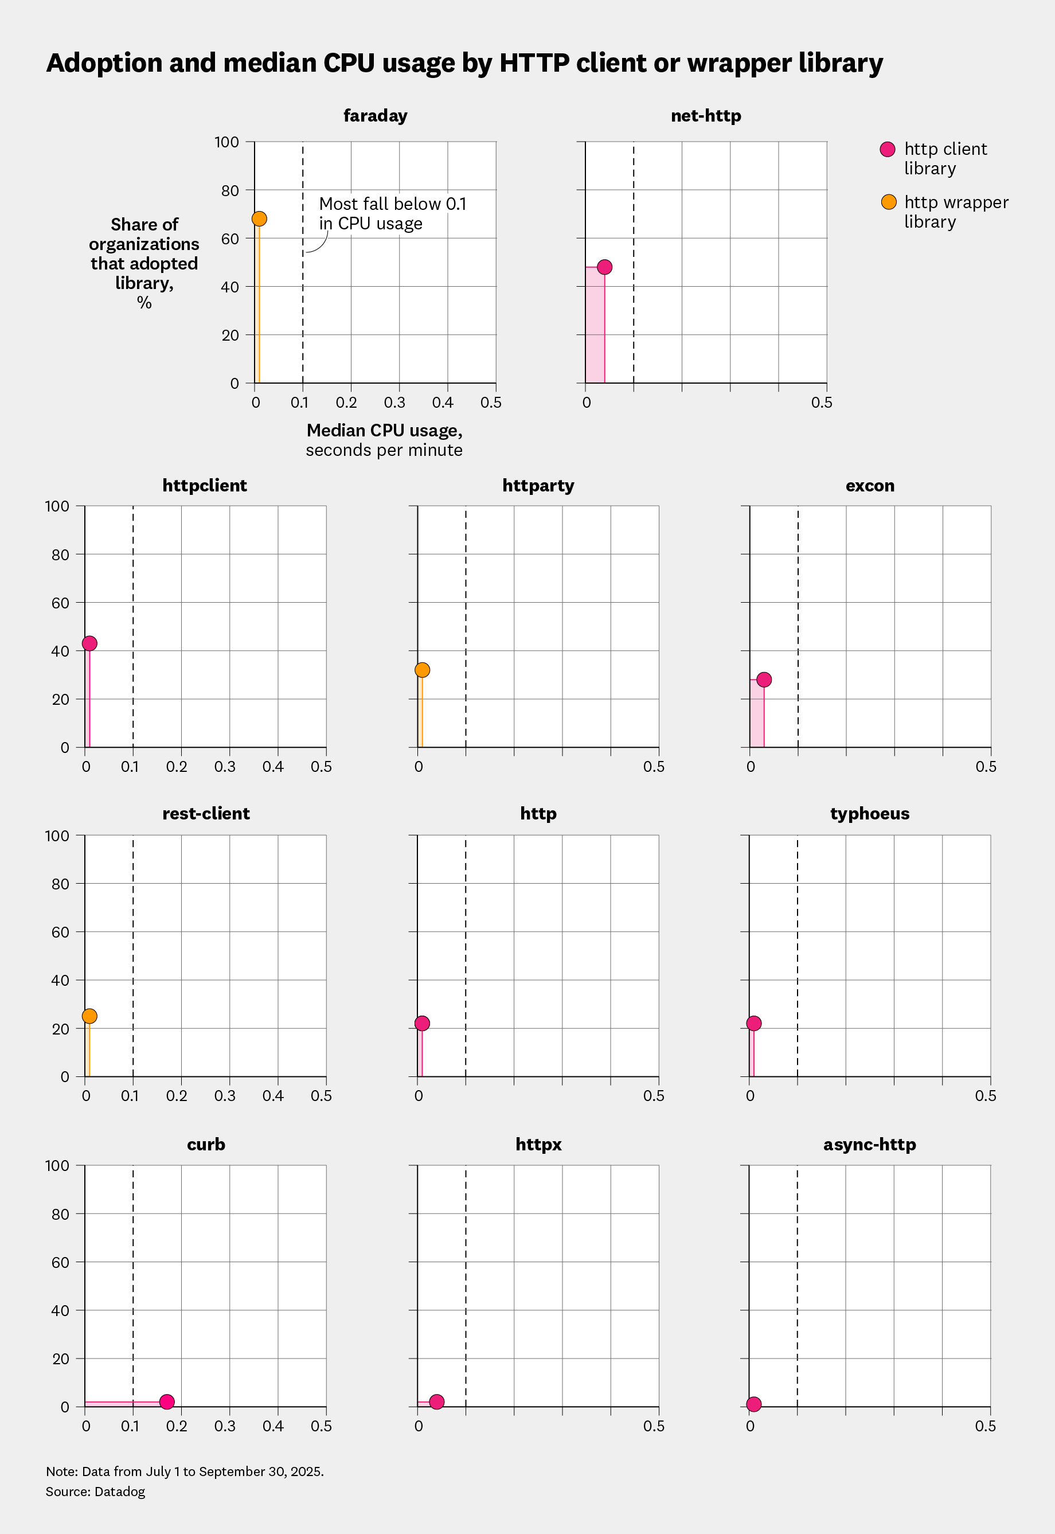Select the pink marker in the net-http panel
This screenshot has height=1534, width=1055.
(x=604, y=267)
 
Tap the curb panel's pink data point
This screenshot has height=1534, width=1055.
(x=167, y=1402)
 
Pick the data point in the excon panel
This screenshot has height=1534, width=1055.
(x=764, y=680)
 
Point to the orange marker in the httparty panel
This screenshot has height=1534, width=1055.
(x=423, y=670)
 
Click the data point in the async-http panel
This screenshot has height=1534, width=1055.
(x=754, y=1404)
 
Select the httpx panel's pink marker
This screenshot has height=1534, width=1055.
(x=437, y=1402)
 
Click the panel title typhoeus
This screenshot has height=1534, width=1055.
(x=869, y=813)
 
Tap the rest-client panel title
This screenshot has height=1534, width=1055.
(x=206, y=813)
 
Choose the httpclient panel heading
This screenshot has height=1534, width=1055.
(x=204, y=485)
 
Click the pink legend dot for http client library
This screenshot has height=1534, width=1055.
(x=888, y=150)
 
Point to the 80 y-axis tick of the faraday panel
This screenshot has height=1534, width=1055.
(x=229, y=190)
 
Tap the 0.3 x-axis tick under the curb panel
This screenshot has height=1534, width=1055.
(x=225, y=1426)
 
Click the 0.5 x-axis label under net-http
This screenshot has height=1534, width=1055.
(x=822, y=403)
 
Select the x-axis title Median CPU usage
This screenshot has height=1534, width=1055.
(x=384, y=431)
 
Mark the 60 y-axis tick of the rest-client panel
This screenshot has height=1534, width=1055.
(x=60, y=932)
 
